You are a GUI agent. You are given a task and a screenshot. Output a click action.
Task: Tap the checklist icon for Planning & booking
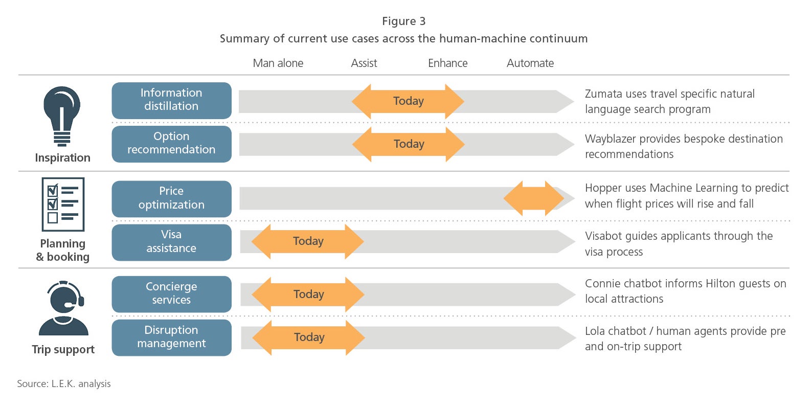[x=63, y=204]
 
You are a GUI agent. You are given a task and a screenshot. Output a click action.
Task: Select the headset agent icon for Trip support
[x=64, y=308]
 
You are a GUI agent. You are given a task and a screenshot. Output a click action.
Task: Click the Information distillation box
[x=172, y=100]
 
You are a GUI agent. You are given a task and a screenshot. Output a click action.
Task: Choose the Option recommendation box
[x=172, y=144]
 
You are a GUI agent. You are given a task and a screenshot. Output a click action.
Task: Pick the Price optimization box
[x=172, y=199]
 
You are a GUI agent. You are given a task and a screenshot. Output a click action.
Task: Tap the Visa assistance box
[x=172, y=242]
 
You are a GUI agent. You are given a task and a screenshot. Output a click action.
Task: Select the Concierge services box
[x=172, y=294]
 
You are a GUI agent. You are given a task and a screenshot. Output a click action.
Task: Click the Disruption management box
[x=172, y=337]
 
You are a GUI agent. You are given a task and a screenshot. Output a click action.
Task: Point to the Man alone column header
[x=278, y=63]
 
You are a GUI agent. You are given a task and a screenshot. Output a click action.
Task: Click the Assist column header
[x=364, y=63]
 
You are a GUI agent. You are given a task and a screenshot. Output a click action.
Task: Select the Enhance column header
[x=448, y=63]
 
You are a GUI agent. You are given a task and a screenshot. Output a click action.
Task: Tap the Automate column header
[x=530, y=63]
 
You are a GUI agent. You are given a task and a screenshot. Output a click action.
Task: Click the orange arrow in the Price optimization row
[x=534, y=198]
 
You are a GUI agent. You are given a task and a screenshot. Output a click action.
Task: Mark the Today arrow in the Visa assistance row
[x=308, y=241]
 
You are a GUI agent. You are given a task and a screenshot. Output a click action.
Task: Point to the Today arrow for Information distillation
[x=408, y=101]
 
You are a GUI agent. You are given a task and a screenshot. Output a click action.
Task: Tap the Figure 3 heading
[x=403, y=21]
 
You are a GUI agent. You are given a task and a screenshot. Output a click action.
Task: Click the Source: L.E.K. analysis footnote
[x=64, y=383]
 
